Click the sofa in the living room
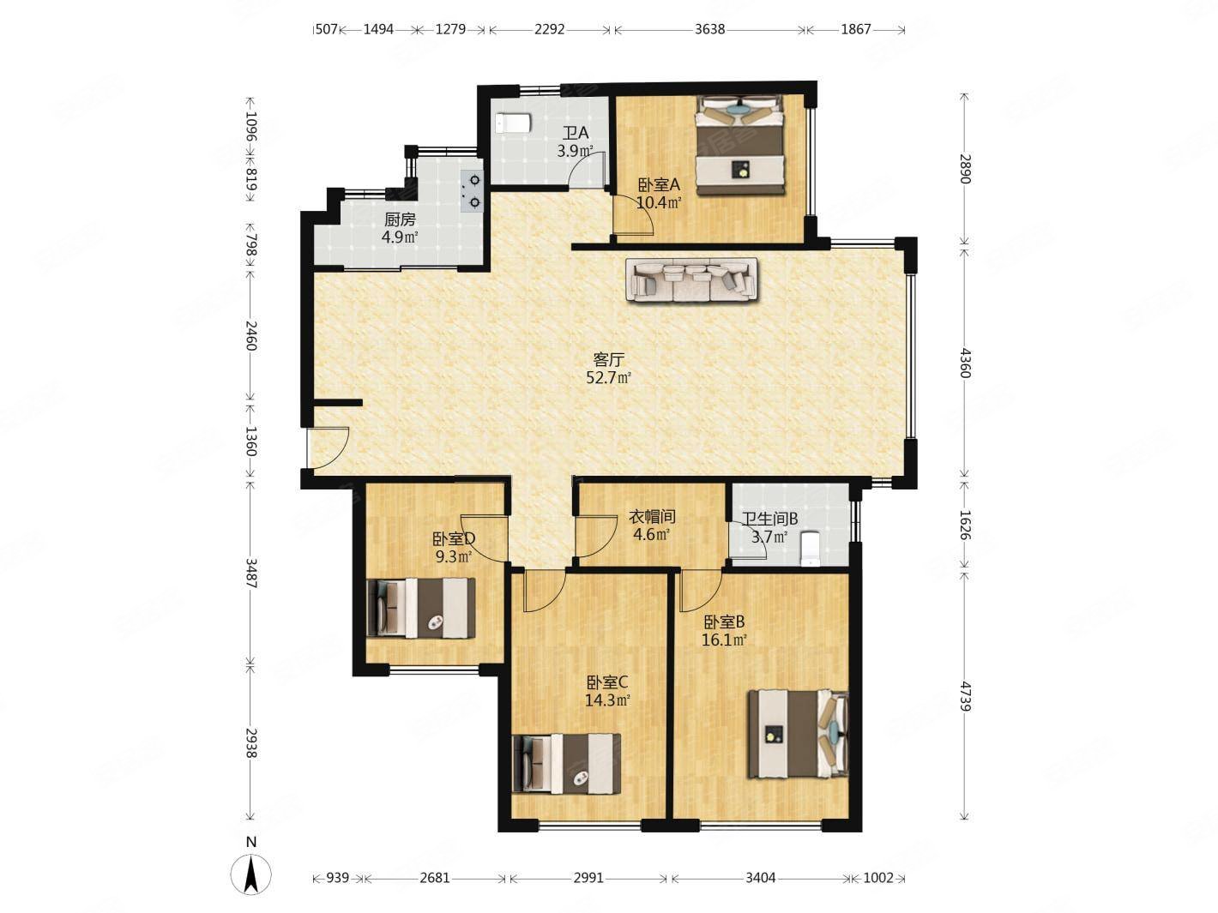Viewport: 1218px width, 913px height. [x=690, y=279]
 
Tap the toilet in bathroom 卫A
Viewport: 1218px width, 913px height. [x=514, y=123]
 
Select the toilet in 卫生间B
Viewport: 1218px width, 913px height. [x=811, y=549]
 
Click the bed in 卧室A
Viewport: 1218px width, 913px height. [x=740, y=145]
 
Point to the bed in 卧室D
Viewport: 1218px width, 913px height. [x=421, y=608]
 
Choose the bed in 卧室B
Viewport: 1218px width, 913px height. [x=799, y=735]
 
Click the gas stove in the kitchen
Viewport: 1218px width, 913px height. [x=473, y=190]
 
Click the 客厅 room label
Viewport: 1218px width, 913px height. [x=608, y=360]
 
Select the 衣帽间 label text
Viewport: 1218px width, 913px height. [x=652, y=517]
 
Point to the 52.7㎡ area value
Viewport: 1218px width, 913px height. [x=608, y=378]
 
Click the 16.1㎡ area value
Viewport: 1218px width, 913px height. [x=724, y=640]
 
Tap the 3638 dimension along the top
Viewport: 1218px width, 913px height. [x=709, y=29]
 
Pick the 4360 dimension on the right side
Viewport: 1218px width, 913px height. [x=966, y=363]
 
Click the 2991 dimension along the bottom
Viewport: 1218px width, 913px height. [x=588, y=878]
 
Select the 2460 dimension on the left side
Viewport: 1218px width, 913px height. [x=250, y=335]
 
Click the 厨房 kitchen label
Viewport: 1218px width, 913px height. [x=400, y=220]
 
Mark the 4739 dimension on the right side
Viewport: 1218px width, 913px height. [x=966, y=696]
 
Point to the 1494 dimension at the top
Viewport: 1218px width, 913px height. [x=378, y=29]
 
